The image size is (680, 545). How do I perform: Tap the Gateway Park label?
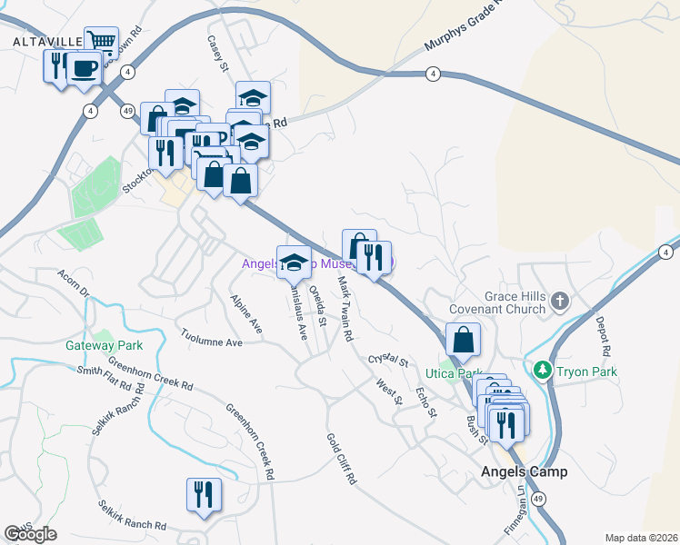[105, 345]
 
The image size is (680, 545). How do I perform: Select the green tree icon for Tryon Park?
[543, 370]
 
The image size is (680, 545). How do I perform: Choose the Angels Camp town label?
[525, 471]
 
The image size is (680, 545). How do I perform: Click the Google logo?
[30, 534]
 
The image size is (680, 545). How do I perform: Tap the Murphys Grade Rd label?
[463, 34]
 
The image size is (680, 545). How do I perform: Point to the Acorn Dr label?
[73, 283]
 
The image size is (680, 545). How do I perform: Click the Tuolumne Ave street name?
[211, 337]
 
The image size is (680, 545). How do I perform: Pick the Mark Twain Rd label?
[345, 309]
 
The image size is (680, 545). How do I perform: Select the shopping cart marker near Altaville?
[102, 42]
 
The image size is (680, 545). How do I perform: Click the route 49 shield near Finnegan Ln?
[540, 500]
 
